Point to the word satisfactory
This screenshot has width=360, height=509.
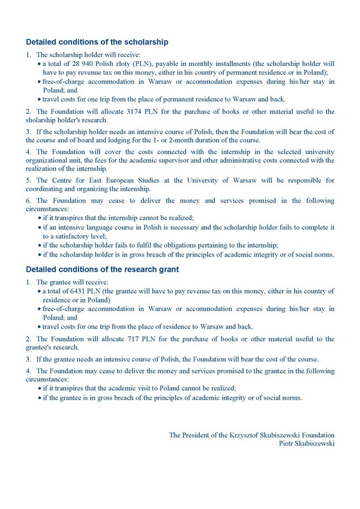coord(74,237)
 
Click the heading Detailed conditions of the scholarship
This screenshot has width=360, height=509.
coord(97,43)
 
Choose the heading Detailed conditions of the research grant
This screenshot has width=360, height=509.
coord(102,270)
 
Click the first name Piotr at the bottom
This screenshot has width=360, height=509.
coord(288,443)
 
